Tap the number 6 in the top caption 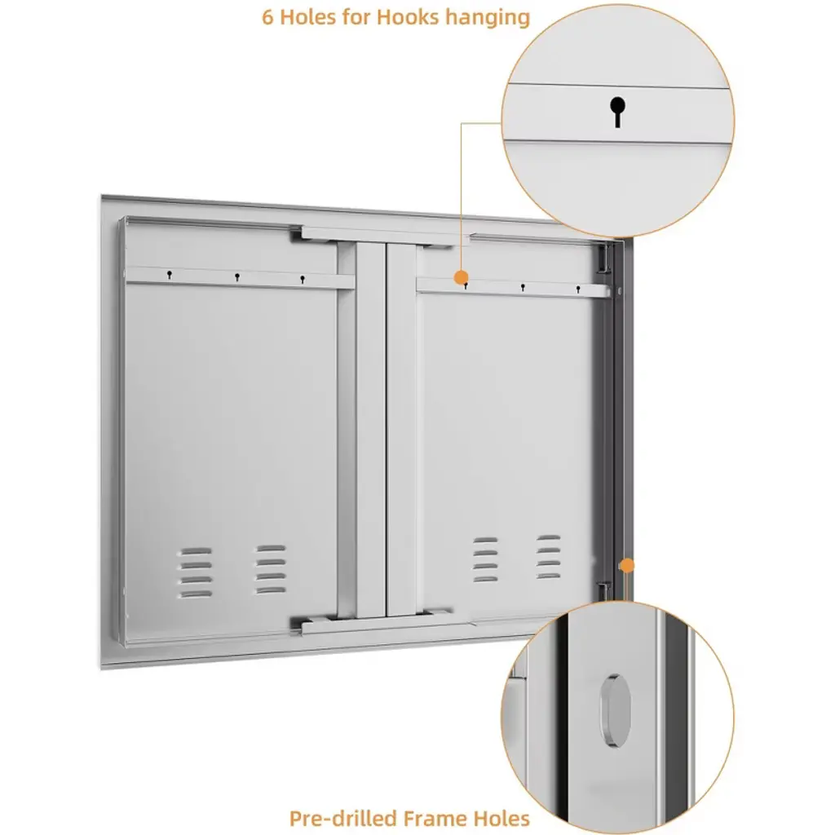[267, 17]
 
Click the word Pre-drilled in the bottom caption [343, 817]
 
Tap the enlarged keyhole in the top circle [617, 112]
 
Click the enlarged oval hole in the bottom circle [616, 710]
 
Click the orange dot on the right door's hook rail [461, 277]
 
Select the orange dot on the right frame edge [628, 566]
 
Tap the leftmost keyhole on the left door [170, 275]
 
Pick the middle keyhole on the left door [237, 277]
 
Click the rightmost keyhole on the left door [302, 279]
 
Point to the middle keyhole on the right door [523, 288]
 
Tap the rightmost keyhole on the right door [578, 289]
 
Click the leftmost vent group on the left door [194, 572]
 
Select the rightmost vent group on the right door [549, 557]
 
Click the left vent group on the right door [486, 559]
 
